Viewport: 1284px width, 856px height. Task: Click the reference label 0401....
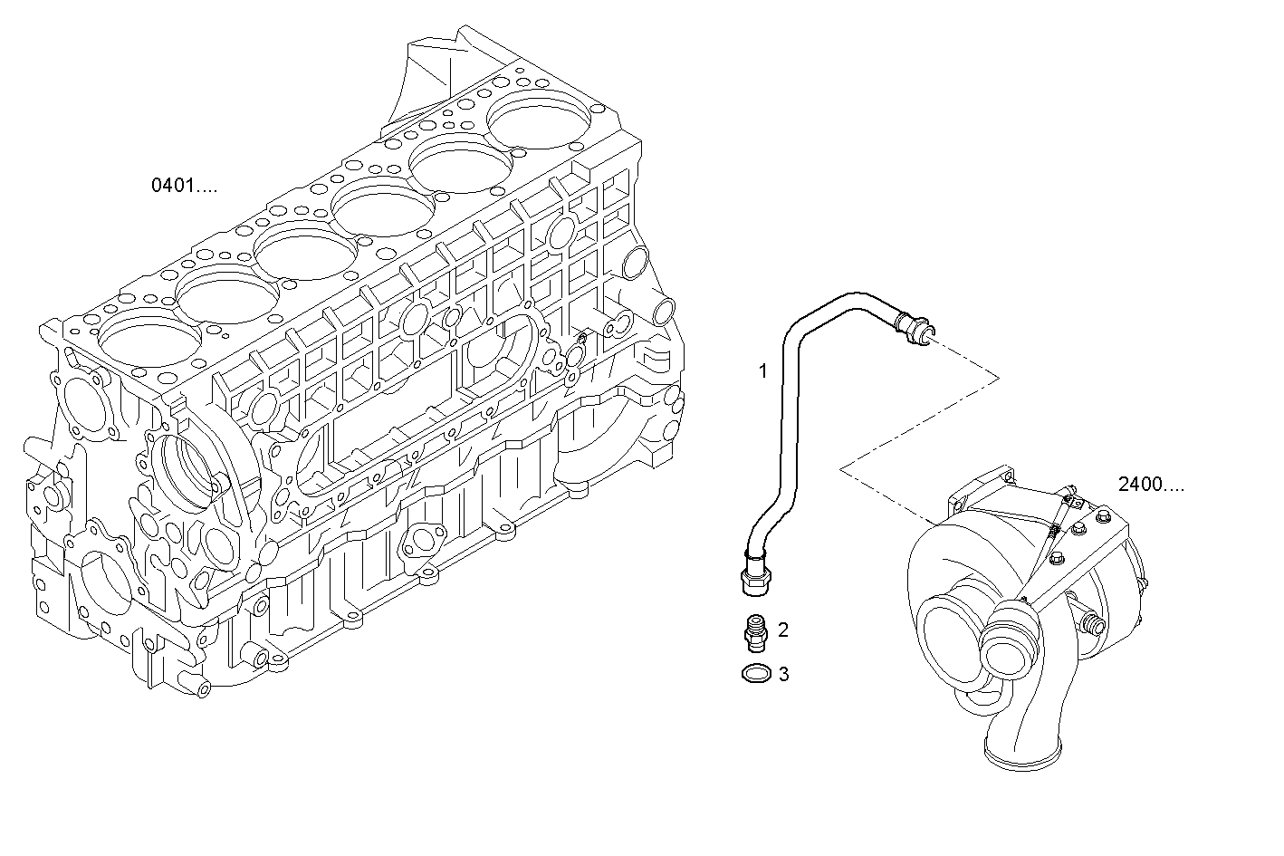pos(184,187)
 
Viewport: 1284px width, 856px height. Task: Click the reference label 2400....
pos(1150,485)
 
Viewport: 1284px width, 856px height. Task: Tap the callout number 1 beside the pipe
pos(762,370)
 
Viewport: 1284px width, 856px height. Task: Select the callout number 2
pos(783,630)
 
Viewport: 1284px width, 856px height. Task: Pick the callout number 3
pos(783,674)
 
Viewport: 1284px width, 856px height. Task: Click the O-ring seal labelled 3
pos(755,674)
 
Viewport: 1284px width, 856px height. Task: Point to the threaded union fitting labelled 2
pos(754,631)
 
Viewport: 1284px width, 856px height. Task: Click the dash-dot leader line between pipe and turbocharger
pos(919,426)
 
